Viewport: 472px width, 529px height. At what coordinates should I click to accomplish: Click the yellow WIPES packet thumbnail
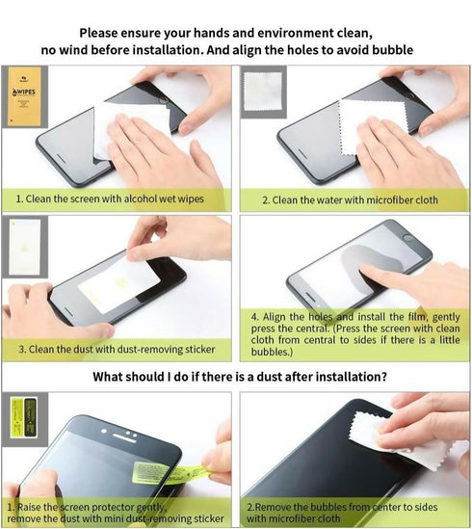pos(24,96)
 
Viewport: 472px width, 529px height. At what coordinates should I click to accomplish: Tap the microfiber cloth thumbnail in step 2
pos(263,92)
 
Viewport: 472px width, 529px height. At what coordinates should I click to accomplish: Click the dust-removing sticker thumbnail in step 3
pos(25,247)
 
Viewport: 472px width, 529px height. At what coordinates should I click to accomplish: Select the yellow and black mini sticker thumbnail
pos(24,417)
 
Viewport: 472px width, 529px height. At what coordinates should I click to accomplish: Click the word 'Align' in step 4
pos(274,317)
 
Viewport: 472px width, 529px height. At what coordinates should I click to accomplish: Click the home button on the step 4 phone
pos(408,238)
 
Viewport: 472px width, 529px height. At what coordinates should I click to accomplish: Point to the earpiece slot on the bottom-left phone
pos(124,437)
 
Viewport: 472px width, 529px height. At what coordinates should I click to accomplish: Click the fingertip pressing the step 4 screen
pos(366,269)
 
